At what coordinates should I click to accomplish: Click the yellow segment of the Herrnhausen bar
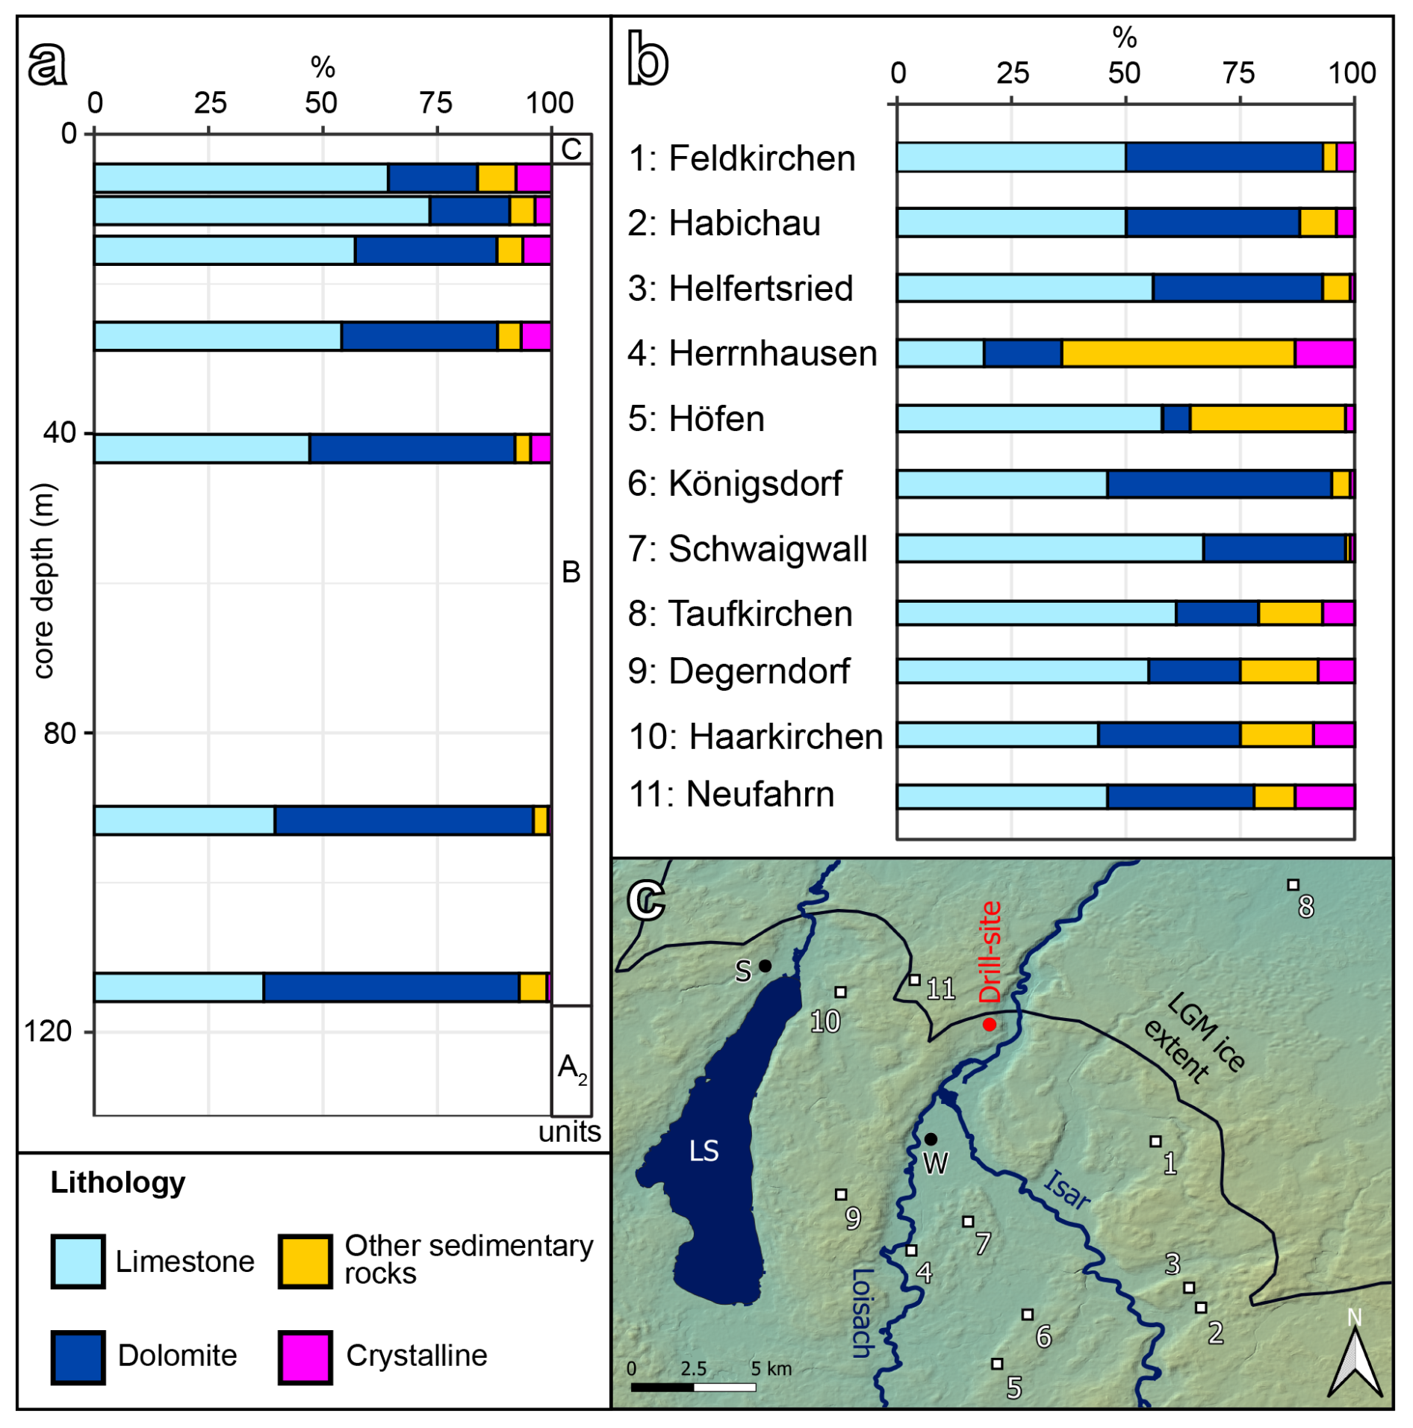[x=1178, y=353]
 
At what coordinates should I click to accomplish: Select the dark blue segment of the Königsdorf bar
[x=1219, y=484]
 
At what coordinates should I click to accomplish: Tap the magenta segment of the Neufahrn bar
[x=1324, y=797]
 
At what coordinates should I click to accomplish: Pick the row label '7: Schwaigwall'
[x=747, y=549]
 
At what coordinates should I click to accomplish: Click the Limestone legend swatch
[x=78, y=1261]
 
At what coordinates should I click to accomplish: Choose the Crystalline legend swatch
[x=305, y=1356]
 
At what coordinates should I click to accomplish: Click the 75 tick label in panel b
[x=1238, y=73]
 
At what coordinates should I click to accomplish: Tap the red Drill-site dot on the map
[x=989, y=1025]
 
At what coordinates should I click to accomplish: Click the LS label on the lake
[x=704, y=1151]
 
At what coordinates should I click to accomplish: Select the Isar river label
[x=1066, y=1189]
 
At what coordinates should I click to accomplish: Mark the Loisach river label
[x=863, y=1311]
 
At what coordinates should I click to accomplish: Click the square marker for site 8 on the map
[x=1293, y=885]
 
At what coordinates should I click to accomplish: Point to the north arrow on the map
[x=1355, y=1361]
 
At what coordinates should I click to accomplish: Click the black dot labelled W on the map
[x=931, y=1139]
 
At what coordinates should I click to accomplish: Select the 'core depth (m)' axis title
[x=43, y=580]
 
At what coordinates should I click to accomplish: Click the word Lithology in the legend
[x=118, y=1182]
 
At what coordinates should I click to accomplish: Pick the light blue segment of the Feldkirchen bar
[x=1011, y=158]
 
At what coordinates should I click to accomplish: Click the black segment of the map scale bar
[x=662, y=1387]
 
